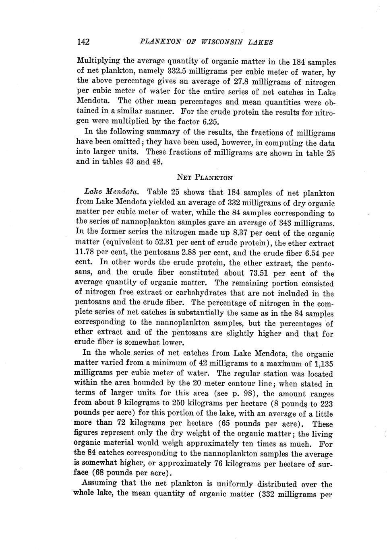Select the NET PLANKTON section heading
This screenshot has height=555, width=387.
tap(205, 177)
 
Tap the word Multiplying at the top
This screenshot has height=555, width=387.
tap(98, 62)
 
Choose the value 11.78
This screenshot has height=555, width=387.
tap(85, 253)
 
